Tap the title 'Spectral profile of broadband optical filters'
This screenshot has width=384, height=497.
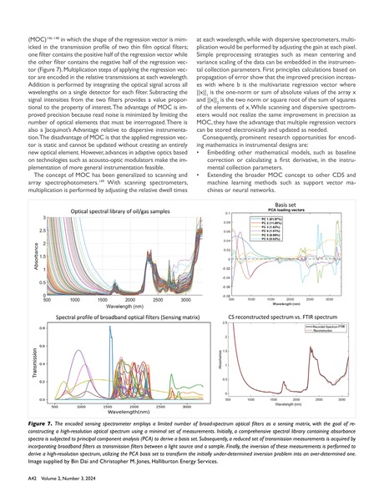pos(122,318)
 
